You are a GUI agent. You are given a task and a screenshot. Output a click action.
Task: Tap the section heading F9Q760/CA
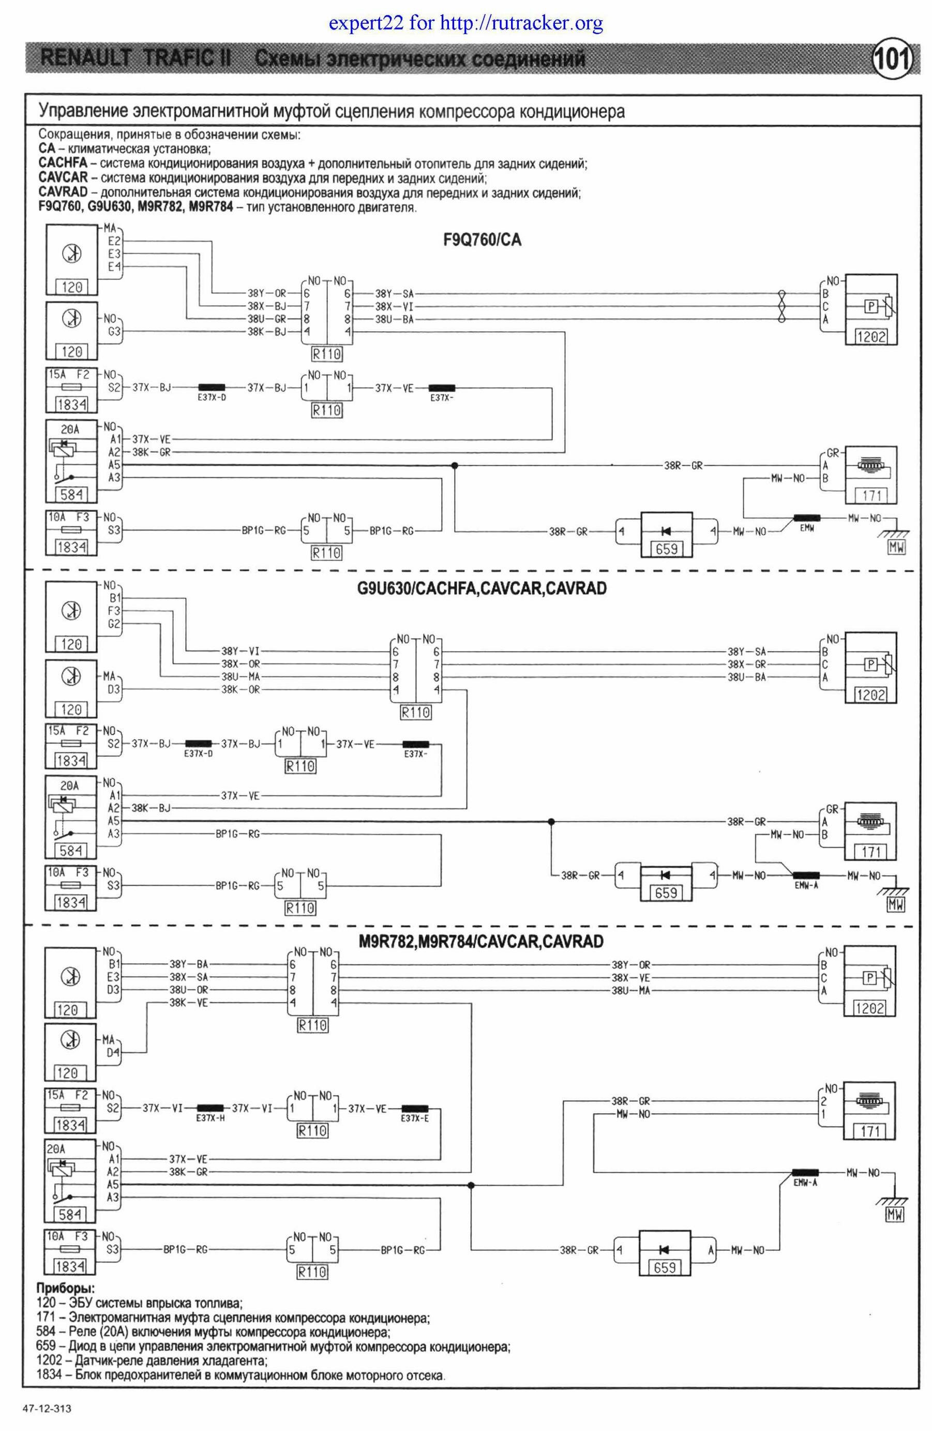(x=482, y=240)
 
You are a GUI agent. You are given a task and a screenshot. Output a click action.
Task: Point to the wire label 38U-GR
(x=267, y=319)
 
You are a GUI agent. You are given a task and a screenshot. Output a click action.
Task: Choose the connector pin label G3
(x=114, y=331)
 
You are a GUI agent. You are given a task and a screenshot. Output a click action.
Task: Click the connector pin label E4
(x=114, y=267)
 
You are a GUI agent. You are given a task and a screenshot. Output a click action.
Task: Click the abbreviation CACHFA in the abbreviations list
(x=63, y=163)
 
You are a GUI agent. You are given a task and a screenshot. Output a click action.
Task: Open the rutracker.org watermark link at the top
(x=465, y=23)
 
